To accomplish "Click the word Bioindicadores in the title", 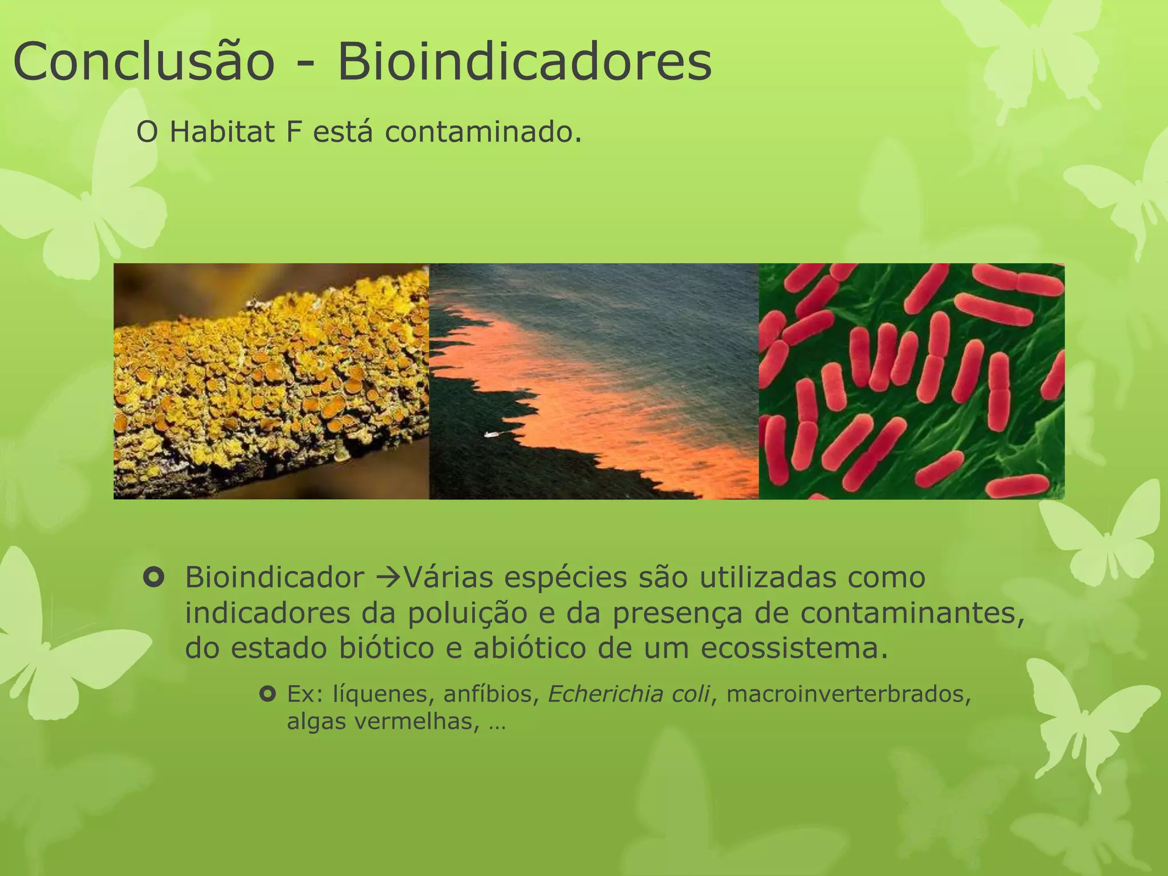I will (x=525, y=62).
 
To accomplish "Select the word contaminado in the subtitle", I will (x=482, y=133).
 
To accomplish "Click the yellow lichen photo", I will (x=271, y=381).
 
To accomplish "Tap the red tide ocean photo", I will (x=593, y=381).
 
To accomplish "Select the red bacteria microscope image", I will (x=911, y=381).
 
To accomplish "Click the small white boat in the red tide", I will (x=491, y=435).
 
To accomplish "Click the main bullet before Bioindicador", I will (x=154, y=578).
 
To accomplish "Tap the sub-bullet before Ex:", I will (x=267, y=694).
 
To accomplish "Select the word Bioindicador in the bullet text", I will (x=274, y=578).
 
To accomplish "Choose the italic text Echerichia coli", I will (x=629, y=694).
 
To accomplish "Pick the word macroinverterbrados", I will (x=849, y=694).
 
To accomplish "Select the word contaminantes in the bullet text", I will (x=912, y=614).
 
